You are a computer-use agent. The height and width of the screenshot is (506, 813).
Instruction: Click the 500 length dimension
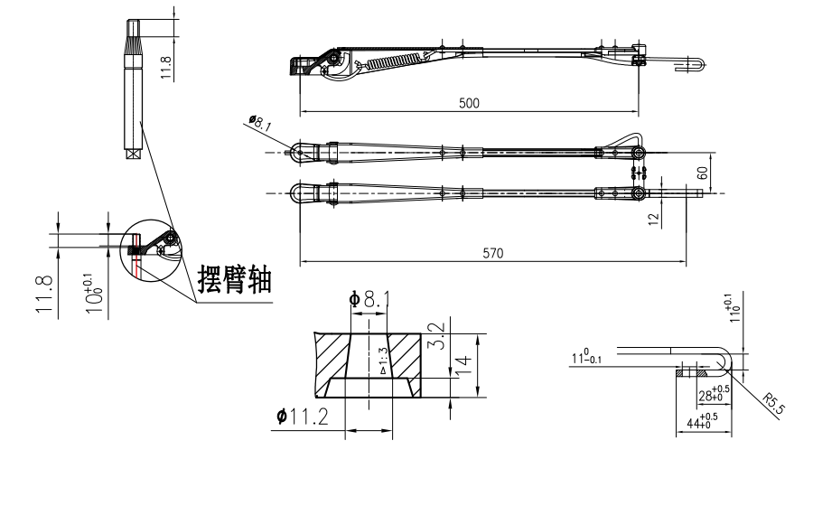tap(468, 103)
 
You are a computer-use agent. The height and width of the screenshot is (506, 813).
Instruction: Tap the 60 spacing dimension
tap(725, 172)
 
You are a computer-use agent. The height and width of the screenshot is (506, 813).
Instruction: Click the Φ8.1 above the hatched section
tap(369, 297)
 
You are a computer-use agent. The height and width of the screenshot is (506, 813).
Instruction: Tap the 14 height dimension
tap(461, 365)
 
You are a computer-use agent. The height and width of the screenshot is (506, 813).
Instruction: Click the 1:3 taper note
tap(382, 359)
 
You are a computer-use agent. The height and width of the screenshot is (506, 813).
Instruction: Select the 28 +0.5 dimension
tap(713, 395)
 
